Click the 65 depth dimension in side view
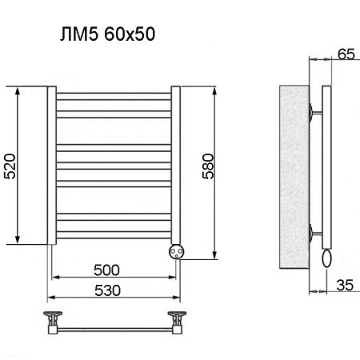[x=346, y=54]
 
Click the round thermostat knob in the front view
[x=176, y=251]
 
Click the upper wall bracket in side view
[x=314, y=112]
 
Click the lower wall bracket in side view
[x=314, y=234]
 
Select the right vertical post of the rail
[x=176, y=160]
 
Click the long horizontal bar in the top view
[x=114, y=328]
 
